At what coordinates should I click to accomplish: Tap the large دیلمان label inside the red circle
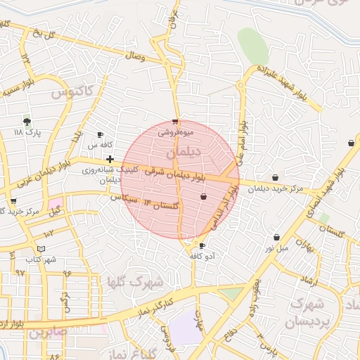186,151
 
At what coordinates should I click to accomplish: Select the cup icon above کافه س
100,134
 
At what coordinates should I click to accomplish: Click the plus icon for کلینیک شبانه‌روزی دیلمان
110,159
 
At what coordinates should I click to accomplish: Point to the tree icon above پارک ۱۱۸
27,122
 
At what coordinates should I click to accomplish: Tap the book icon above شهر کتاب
41,249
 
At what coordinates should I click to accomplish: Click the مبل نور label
276,247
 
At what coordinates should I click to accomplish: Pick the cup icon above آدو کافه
202,246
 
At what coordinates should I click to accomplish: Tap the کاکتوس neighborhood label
72,91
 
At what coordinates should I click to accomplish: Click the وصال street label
134,56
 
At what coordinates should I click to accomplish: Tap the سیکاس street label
123,199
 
